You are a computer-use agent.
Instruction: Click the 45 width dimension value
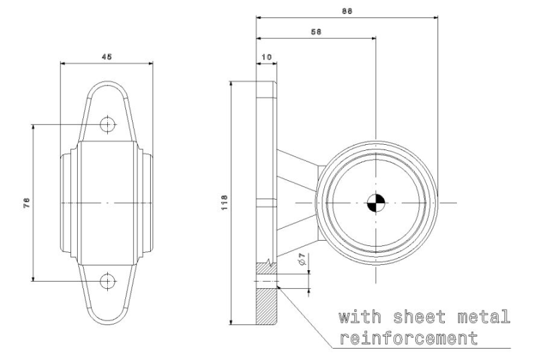coord(107,57)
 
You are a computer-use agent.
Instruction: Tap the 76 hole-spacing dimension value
coord(27,202)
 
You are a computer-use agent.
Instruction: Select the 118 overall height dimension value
coord(224,202)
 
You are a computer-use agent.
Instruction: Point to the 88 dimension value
coord(347,11)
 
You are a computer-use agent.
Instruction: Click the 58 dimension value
coord(316,32)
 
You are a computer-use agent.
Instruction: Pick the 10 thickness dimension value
coord(266,57)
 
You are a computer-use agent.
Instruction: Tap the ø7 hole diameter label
coord(301,259)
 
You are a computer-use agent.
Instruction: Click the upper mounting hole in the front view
coord(108,124)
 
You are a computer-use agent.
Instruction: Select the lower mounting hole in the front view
coord(108,282)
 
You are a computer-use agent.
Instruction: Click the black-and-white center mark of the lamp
coord(376,202)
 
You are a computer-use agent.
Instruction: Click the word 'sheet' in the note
coord(420,316)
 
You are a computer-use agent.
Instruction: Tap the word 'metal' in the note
coord(484,316)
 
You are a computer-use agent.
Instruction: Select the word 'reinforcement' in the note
coord(409,338)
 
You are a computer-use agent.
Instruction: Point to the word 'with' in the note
coord(360,317)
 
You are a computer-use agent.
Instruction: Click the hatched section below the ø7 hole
coord(266,306)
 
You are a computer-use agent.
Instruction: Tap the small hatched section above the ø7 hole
coord(266,268)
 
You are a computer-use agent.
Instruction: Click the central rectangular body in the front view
coord(107,203)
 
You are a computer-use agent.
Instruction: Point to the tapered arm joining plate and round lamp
coord(297,203)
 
